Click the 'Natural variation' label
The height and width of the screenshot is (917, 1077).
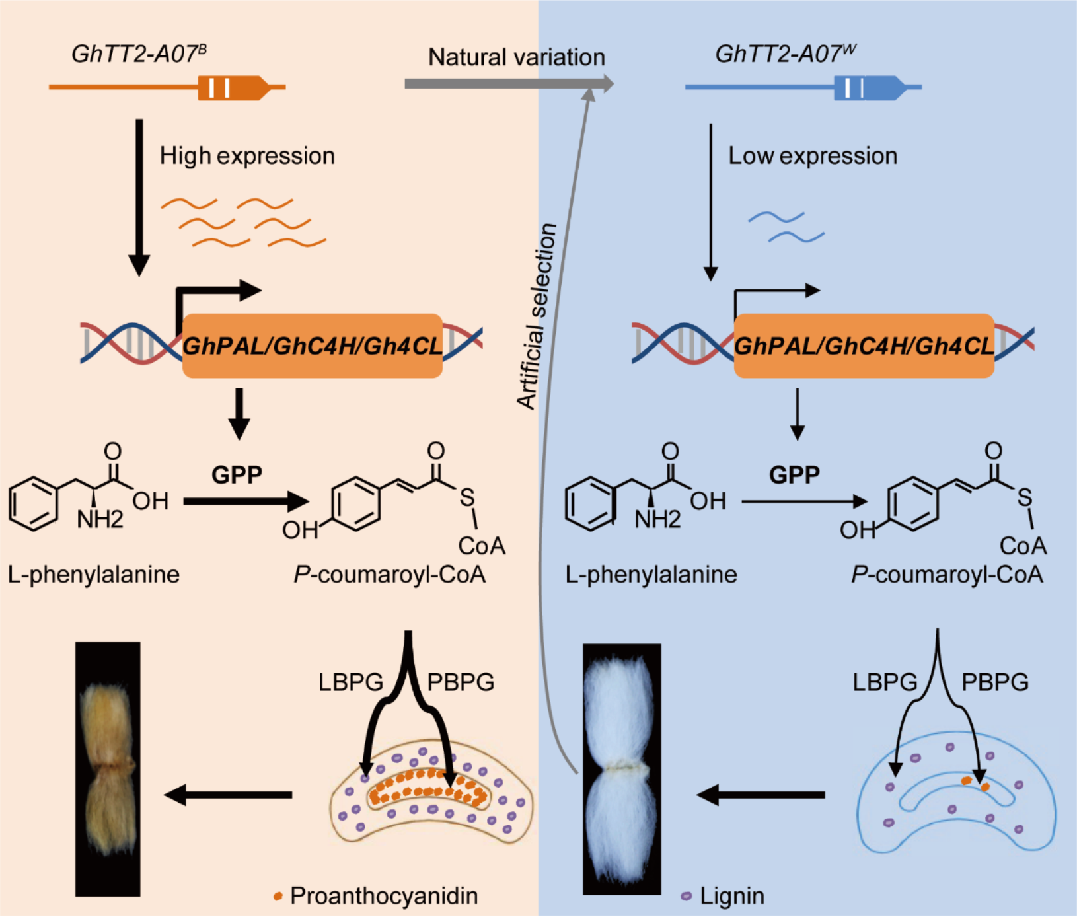coord(516,57)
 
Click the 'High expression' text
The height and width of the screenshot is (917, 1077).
coord(247,156)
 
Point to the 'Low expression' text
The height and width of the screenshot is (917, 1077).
coord(813,156)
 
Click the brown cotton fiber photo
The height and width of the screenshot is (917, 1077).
coord(108,768)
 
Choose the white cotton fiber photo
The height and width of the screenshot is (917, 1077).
coord(621,768)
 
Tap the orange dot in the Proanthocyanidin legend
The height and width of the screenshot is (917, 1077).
coord(278,896)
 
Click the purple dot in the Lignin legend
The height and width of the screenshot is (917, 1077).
coord(687,896)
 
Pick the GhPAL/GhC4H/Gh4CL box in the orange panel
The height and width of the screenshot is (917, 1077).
coord(312,346)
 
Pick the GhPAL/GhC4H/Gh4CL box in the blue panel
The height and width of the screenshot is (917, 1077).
coord(864,346)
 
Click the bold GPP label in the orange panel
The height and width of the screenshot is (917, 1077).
coord(237,474)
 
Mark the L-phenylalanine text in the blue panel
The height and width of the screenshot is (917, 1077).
coord(651,575)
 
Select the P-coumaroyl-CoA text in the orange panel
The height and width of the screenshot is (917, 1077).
coord(390,575)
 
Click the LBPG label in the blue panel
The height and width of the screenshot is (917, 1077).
coord(885,682)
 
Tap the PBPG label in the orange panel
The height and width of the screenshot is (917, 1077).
coord(461,682)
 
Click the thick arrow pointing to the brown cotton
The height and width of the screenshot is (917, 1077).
coord(229,794)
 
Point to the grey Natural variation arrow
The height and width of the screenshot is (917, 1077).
coord(509,84)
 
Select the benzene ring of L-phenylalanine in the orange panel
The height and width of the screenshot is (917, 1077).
coord(33,505)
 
